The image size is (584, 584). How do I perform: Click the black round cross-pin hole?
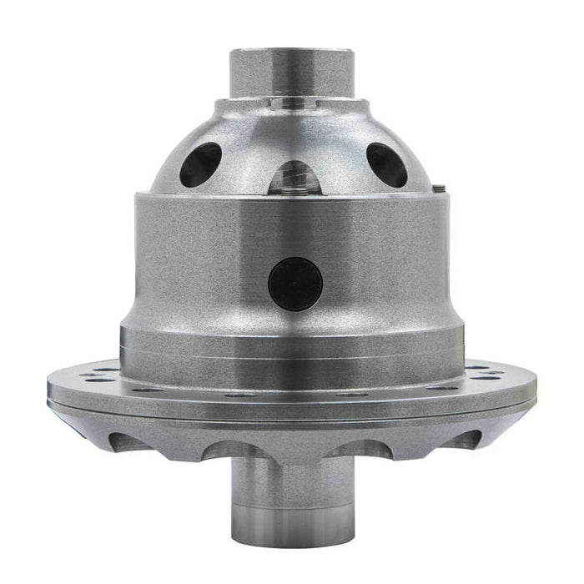pos(295,283)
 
